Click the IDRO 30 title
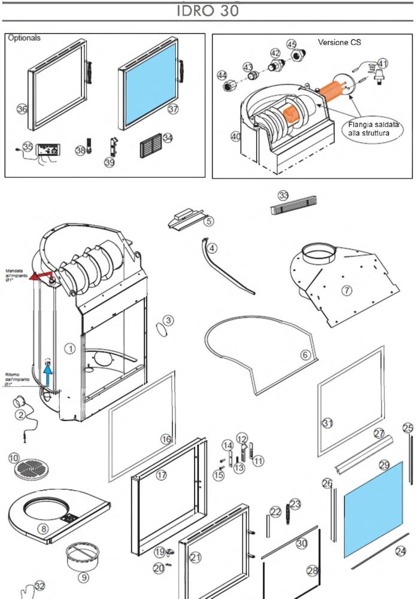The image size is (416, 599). pos(208,11)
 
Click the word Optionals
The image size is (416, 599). pos(25,38)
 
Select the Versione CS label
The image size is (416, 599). pos(339,43)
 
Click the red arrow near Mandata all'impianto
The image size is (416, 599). pos(41,276)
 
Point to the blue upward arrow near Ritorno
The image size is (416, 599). pos(50,379)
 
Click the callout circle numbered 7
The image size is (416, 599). pos(347,291)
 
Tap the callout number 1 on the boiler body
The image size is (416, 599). pos(70,348)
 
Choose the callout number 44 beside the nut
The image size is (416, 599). pos(222,75)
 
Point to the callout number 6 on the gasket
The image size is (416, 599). pos(305,355)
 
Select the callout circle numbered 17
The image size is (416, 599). pos(161,476)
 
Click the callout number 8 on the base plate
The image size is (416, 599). pos(43,529)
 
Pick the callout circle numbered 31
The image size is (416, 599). pos(327,423)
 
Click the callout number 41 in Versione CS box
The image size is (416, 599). pos(382,63)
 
